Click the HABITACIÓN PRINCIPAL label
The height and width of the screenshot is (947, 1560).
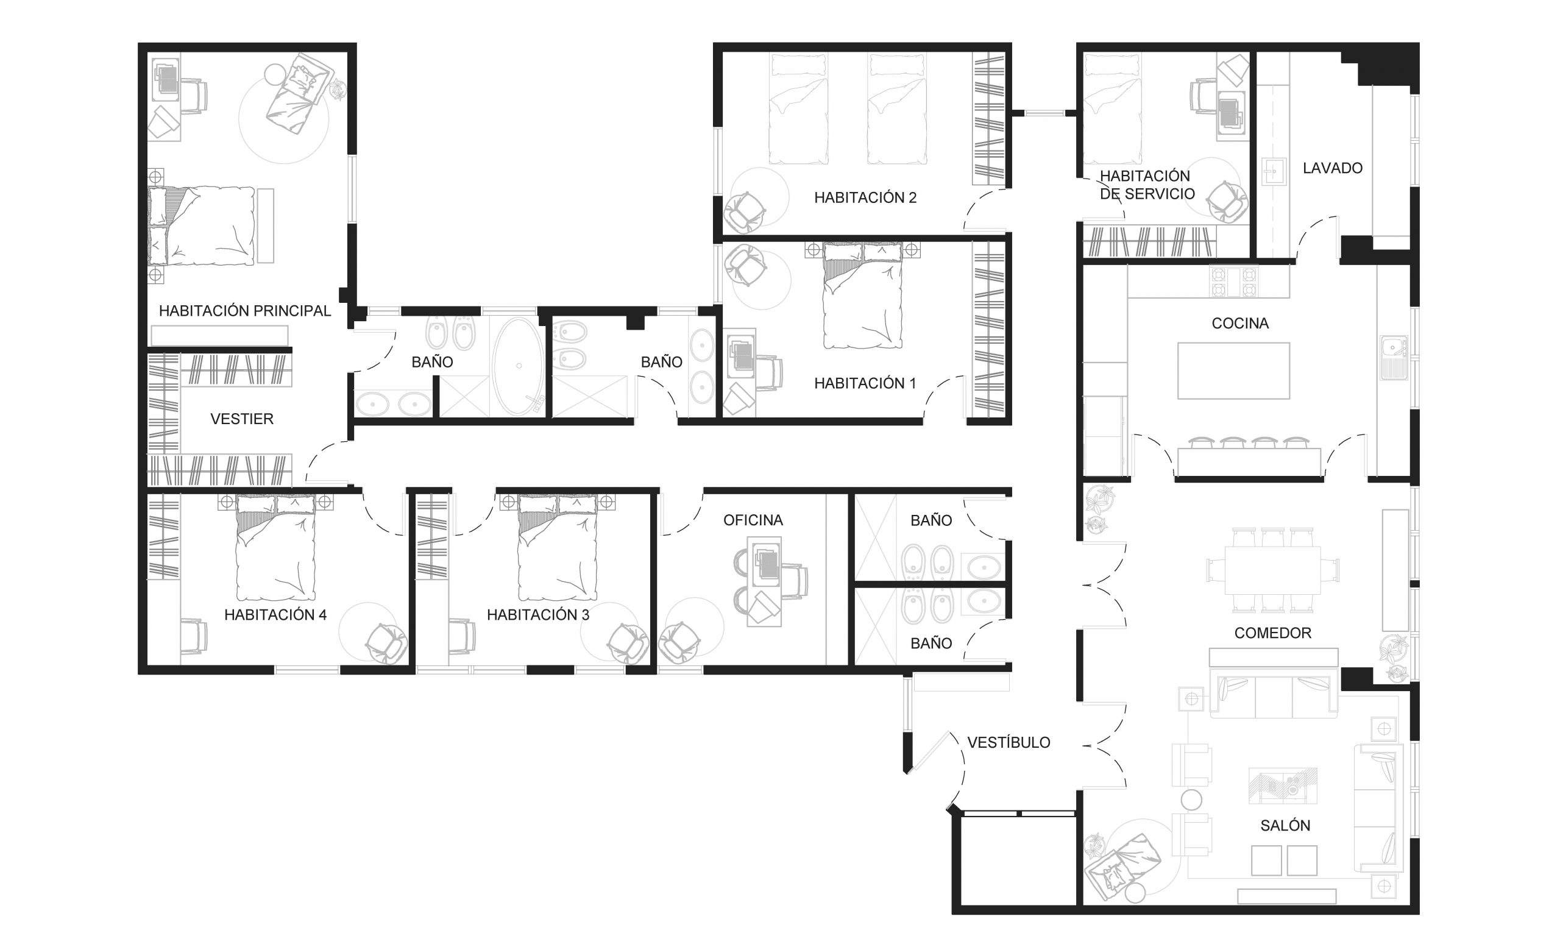pyautogui.click(x=244, y=311)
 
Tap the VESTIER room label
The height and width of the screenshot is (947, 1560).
pyautogui.click(x=242, y=419)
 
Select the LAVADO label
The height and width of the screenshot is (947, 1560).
pyautogui.click(x=1333, y=168)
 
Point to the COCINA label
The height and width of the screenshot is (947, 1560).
pyautogui.click(x=1240, y=324)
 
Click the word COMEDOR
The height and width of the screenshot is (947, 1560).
pyautogui.click(x=1272, y=633)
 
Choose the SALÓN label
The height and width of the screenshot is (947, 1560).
pyautogui.click(x=1285, y=826)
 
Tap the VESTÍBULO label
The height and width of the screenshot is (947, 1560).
pyautogui.click(x=1009, y=742)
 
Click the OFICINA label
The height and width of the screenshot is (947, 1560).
pyautogui.click(x=753, y=520)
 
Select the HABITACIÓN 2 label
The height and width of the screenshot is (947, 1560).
pyautogui.click(x=865, y=198)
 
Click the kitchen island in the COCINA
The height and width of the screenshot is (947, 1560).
pyautogui.click(x=1233, y=371)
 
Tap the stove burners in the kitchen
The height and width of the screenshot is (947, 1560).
pyautogui.click(x=1233, y=282)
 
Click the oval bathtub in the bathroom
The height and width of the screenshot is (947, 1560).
pyautogui.click(x=519, y=366)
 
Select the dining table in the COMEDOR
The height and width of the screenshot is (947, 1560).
pyautogui.click(x=1272, y=570)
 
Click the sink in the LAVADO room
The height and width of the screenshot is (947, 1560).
pyautogui.click(x=1273, y=172)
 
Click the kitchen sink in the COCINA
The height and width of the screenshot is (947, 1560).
pyautogui.click(x=1394, y=358)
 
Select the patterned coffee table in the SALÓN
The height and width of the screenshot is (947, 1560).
pyautogui.click(x=1283, y=786)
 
